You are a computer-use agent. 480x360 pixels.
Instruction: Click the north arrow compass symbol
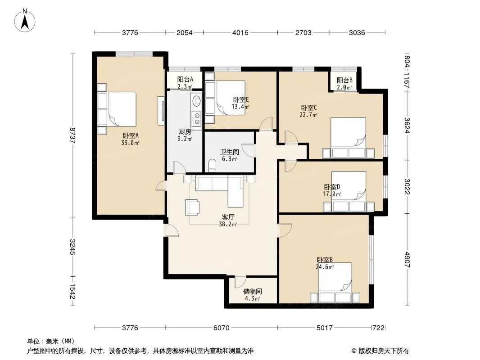[x=25, y=20]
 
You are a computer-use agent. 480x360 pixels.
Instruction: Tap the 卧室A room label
[x=131, y=135]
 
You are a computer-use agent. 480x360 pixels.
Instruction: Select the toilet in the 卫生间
[x=212, y=166]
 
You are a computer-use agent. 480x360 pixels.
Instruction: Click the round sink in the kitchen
[x=196, y=100]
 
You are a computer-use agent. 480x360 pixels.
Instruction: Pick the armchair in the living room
[x=192, y=207]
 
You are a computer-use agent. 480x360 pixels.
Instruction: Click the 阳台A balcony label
[x=185, y=80]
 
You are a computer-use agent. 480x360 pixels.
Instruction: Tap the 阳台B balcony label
[x=344, y=80]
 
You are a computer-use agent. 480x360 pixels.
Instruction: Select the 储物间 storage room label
[x=252, y=292]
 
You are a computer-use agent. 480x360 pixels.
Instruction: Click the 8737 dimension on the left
[x=72, y=135]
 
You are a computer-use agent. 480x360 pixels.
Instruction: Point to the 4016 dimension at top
[x=240, y=32]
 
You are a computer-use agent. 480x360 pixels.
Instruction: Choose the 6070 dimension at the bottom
[x=222, y=328]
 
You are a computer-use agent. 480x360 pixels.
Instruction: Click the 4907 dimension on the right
[x=407, y=259]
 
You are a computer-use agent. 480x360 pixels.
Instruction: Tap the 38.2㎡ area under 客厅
[x=228, y=224]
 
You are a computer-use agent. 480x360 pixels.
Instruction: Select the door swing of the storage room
[x=240, y=282]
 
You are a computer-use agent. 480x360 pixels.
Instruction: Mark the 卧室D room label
[x=332, y=187]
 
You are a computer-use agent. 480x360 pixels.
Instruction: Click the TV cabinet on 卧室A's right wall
[x=161, y=111]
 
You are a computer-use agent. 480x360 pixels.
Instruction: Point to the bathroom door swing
[x=249, y=150]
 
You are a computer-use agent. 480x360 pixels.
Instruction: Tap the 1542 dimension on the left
[x=72, y=291]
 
